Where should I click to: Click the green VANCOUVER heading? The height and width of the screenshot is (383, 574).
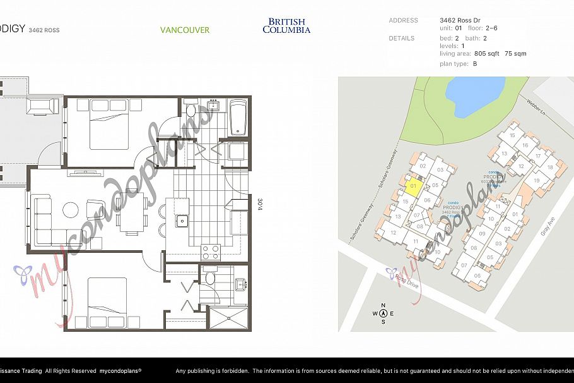[184, 30]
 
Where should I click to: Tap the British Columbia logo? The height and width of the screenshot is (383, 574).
[286, 25]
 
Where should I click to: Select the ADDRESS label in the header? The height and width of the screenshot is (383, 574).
[403, 20]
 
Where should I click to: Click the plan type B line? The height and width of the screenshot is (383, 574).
[458, 64]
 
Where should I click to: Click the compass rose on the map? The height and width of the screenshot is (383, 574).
[383, 313]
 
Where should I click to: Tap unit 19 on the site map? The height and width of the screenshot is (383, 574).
[537, 181]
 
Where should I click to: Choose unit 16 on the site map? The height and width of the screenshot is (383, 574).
[525, 145]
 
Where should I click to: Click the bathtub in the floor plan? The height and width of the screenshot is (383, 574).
[238, 118]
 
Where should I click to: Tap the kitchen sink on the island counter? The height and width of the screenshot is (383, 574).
[182, 221]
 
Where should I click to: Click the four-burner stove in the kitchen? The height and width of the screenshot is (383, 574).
[210, 252]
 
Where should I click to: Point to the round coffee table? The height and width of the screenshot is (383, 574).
[71, 209]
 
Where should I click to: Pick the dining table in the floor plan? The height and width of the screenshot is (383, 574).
[132, 212]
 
